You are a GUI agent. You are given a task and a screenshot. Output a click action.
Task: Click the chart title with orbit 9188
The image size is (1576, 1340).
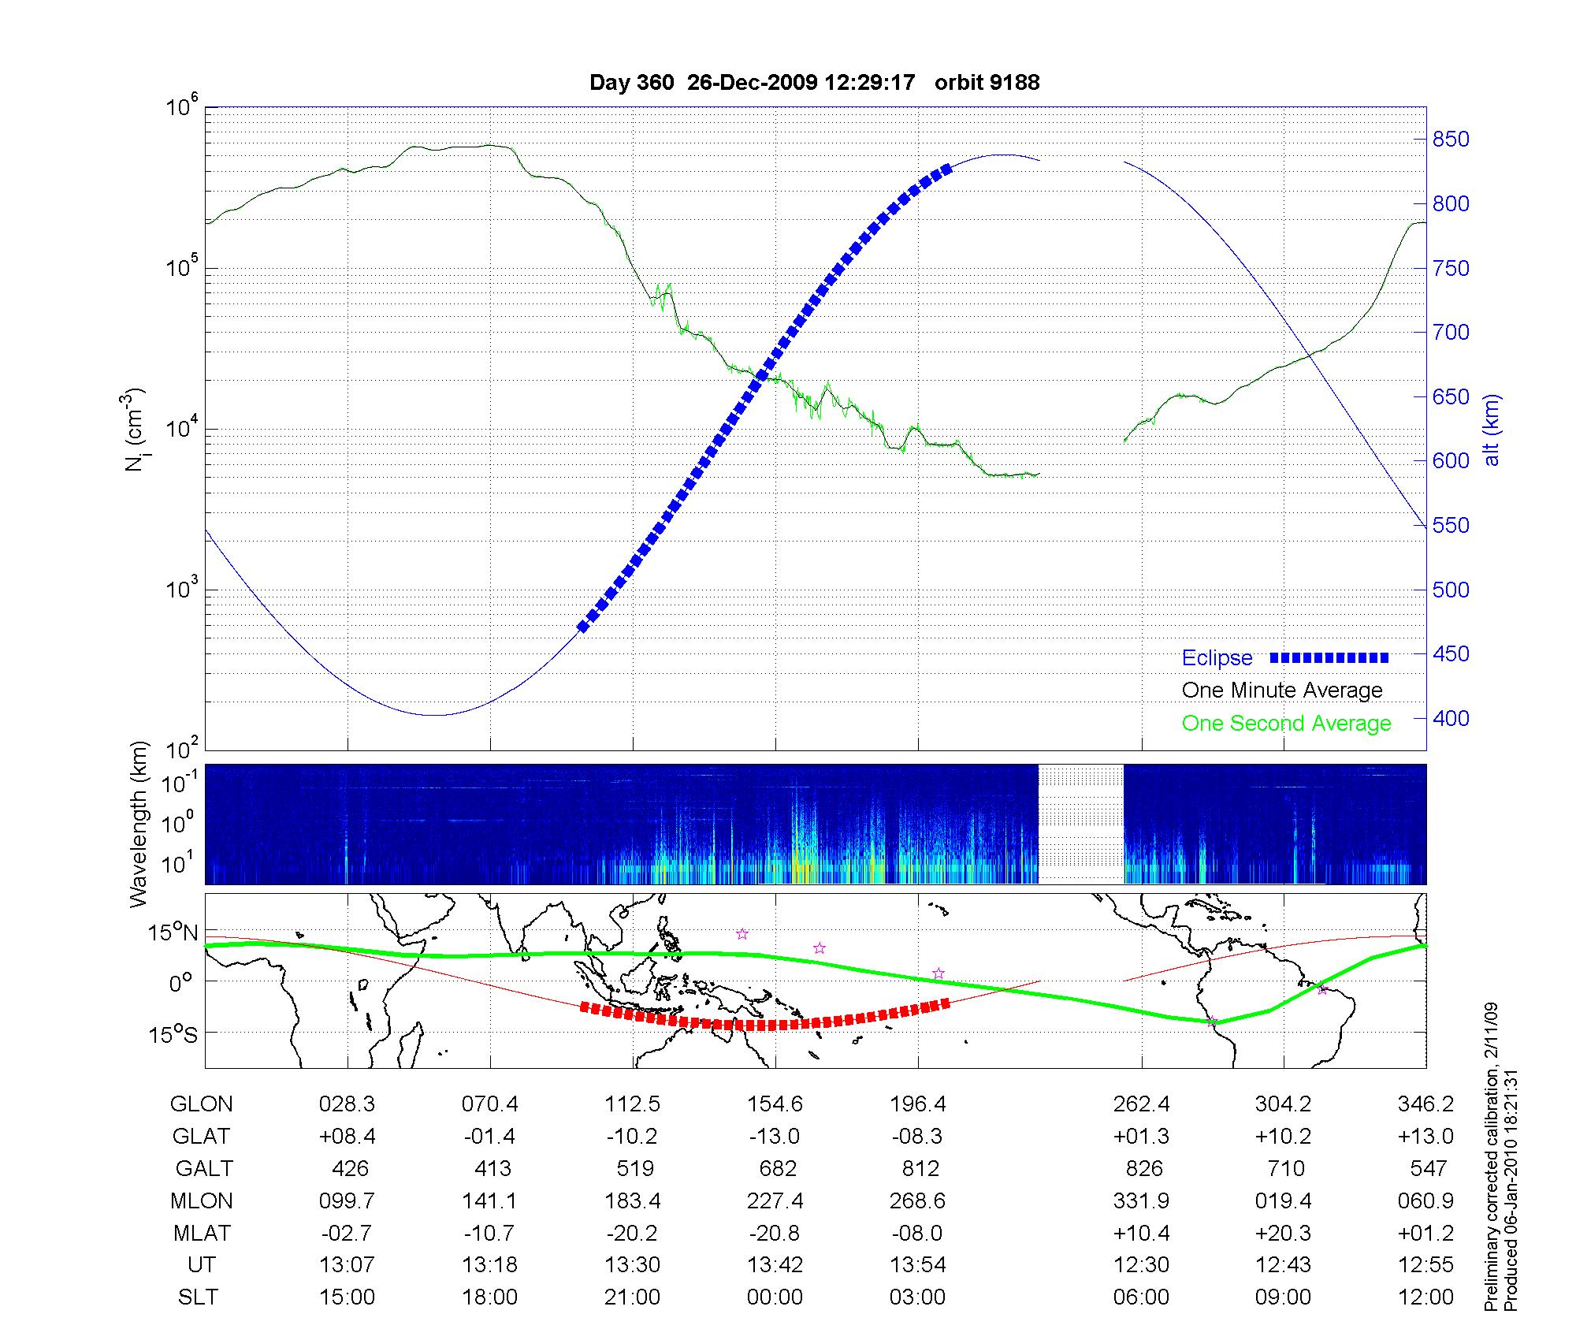click(814, 83)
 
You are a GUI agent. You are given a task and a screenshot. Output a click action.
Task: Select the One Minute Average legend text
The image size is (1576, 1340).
click(1282, 690)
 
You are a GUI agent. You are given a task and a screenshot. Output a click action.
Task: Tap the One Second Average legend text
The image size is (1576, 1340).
click(1286, 724)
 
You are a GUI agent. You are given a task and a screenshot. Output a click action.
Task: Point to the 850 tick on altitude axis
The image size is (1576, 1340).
click(1451, 140)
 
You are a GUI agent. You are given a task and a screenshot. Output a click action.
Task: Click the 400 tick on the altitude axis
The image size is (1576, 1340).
click(1451, 718)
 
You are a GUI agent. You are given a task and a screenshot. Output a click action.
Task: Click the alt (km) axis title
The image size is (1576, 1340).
click(1492, 430)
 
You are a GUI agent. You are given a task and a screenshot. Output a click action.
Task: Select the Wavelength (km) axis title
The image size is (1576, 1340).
click(139, 824)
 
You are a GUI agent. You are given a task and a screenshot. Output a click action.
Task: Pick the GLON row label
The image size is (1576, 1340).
click(201, 1104)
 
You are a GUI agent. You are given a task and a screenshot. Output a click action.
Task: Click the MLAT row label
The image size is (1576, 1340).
click(202, 1233)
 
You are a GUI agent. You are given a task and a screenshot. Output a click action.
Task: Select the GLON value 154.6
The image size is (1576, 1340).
click(775, 1104)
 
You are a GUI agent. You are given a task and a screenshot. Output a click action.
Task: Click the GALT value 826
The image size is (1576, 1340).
click(1143, 1168)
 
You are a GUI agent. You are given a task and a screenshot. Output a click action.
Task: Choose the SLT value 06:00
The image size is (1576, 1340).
click(1141, 1297)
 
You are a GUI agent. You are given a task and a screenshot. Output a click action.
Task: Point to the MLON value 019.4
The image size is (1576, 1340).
click(1283, 1200)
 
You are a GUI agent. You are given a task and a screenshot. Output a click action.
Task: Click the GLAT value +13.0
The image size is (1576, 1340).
click(1425, 1136)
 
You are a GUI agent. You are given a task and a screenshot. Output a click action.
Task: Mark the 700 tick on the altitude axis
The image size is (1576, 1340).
click(1451, 333)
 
